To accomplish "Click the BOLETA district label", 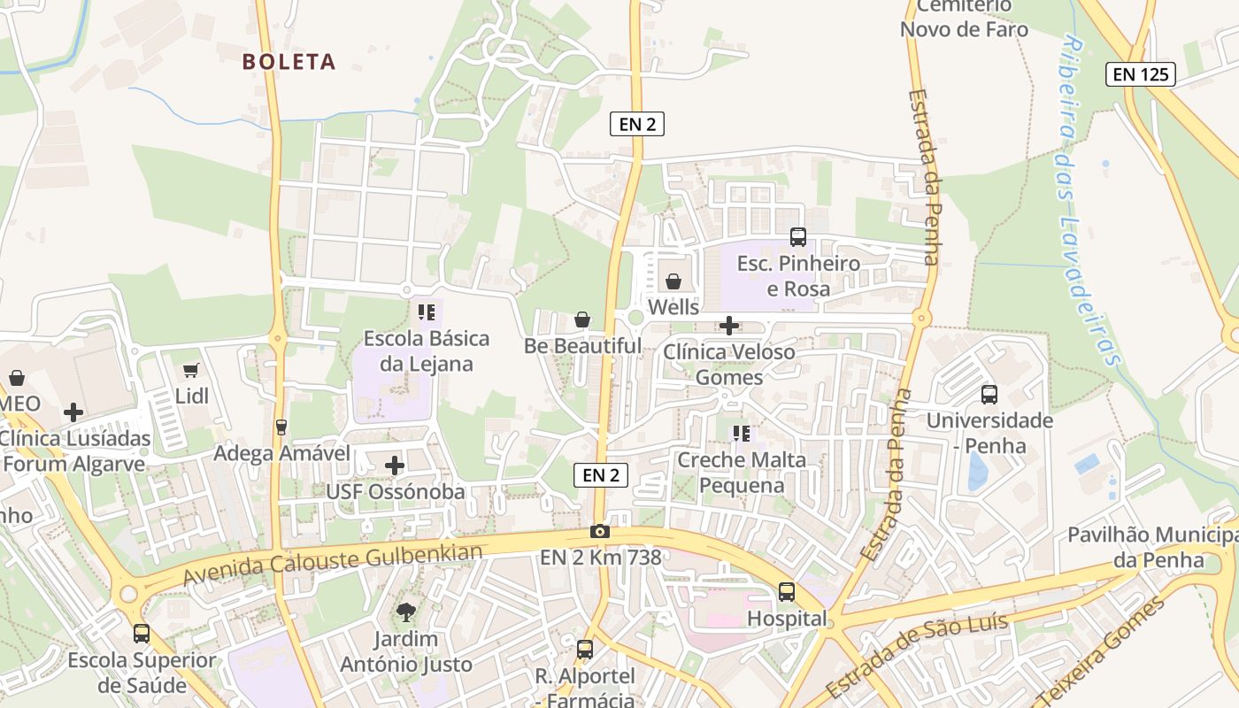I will [289, 62].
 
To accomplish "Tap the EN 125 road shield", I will [1140, 74].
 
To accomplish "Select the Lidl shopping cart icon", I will [191, 370].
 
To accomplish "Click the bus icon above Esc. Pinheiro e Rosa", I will [797, 236].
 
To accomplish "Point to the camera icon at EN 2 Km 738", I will [600, 531].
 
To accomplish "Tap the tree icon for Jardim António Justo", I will [406, 612].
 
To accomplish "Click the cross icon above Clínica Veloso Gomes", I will [728, 326].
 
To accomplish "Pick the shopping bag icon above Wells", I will [673, 281].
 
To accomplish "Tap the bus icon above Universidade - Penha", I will [989, 394].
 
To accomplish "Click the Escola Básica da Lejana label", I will [427, 351].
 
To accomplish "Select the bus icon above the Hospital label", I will [787, 591].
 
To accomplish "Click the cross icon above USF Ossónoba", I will [395, 465].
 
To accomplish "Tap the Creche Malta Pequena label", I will [742, 473].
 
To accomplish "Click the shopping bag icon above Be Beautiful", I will [582, 319].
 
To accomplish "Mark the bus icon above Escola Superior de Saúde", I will [142, 633].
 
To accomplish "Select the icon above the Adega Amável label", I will [281, 427].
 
